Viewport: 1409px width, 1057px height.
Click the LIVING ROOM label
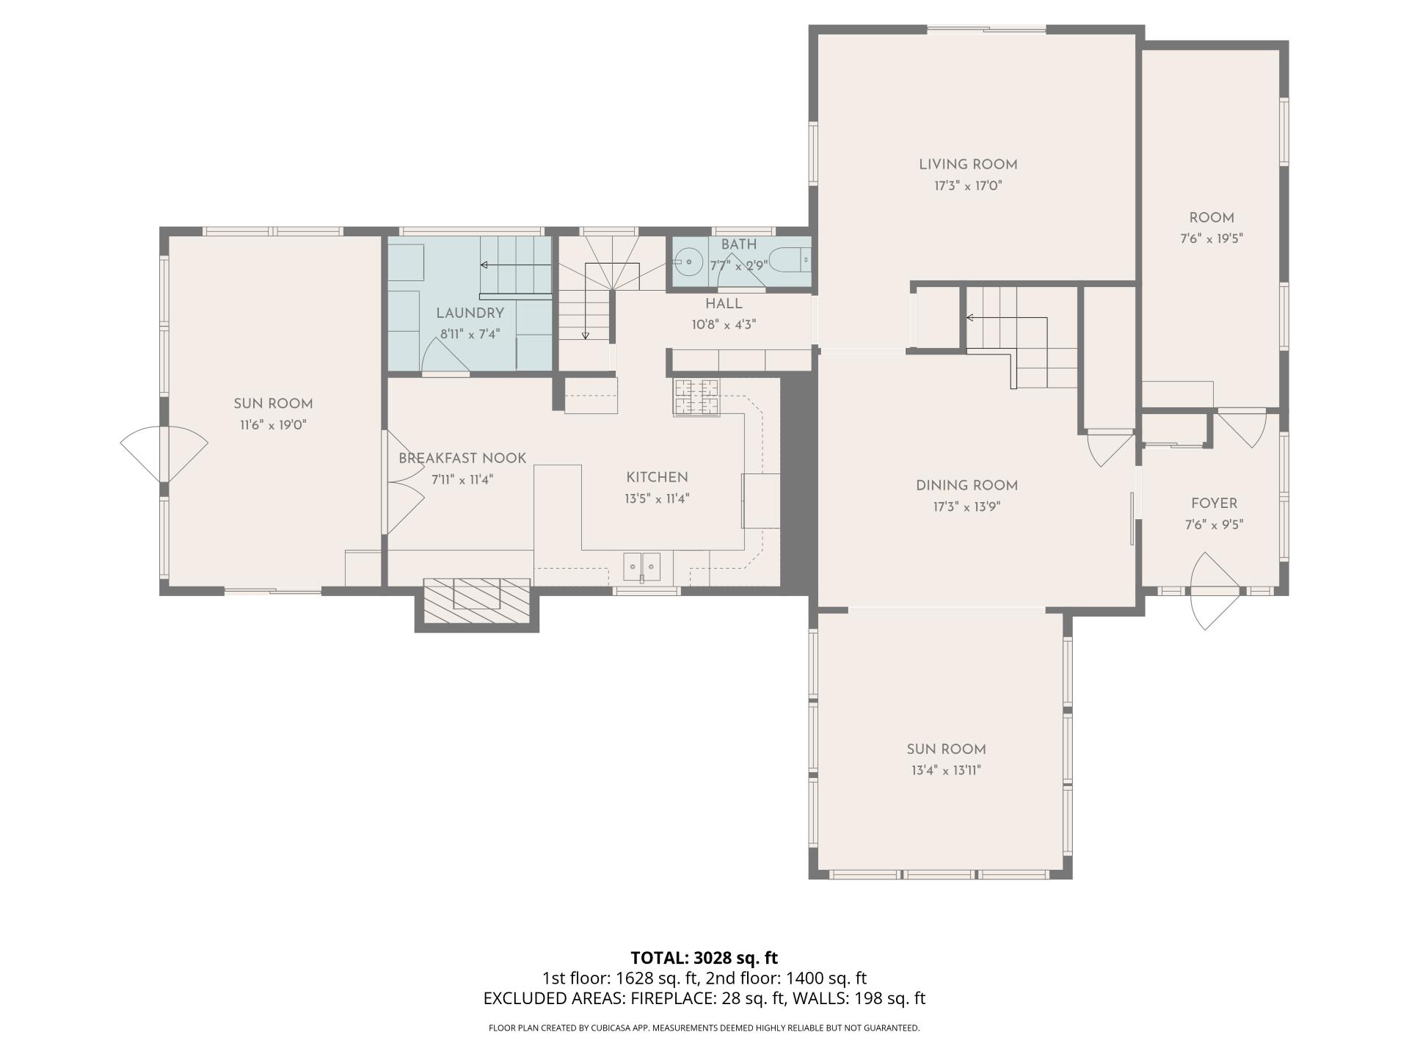[x=968, y=165]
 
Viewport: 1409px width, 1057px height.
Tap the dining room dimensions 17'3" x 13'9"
[x=967, y=506]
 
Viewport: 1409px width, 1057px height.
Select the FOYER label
[x=1214, y=504]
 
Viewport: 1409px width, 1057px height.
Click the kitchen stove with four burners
[x=696, y=397]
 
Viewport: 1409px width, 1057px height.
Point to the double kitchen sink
[x=642, y=567]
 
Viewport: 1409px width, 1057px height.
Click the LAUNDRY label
[x=470, y=313]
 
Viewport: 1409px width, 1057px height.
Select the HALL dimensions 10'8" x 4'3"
[x=724, y=324]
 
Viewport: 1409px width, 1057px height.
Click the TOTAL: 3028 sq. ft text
[x=704, y=958]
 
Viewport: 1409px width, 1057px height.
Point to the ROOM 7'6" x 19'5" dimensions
[x=1211, y=239]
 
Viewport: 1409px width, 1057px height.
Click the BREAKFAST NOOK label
[x=462, y=459]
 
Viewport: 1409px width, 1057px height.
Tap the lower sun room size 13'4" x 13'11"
[x=946, y=770]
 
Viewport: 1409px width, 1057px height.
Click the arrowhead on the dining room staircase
[x=969, y=318]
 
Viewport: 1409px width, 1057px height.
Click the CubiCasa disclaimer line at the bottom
[x=704, y=1028]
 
